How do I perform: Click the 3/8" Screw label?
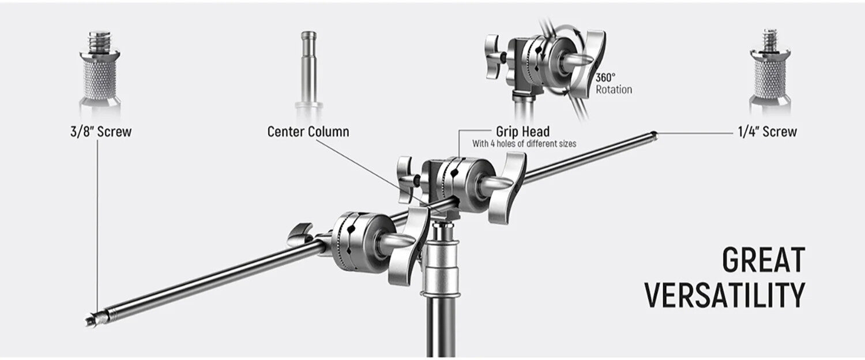point(101,132)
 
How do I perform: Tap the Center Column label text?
point(308,132)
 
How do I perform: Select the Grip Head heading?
point(523,132)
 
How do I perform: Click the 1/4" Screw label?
point(768,132)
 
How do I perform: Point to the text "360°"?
point(605,77)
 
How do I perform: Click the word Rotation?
point(614,89)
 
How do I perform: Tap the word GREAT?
point(764,261)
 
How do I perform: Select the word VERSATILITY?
point(725,295)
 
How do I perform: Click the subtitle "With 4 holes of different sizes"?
point(524,144)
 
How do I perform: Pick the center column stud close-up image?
point(309,72)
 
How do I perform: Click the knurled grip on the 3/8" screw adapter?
point(100,79)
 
